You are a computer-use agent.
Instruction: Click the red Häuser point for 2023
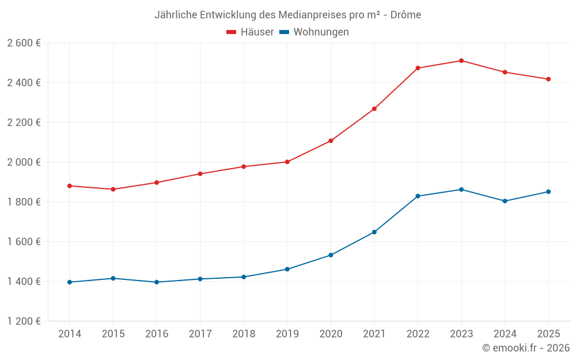(461, 60)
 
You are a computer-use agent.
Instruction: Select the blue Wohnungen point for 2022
(418, 196)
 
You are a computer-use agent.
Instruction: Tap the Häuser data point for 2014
(69, 185)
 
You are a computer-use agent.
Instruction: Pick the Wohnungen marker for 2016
(156, 282)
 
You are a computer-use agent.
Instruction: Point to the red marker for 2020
(331, 141)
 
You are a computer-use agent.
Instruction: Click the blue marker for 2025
(548, 192)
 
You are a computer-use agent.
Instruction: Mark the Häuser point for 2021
(374, 109)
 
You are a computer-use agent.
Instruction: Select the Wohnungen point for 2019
(287, 269)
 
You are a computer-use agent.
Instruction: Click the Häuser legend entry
(250, 32)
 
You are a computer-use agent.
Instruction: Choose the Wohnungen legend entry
(314, 32)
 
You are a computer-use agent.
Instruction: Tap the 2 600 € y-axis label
(24, 43)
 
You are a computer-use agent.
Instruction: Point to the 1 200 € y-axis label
(24, 321)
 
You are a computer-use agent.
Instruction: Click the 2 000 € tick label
(24, 162)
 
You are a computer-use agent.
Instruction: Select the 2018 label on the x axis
(243, 334)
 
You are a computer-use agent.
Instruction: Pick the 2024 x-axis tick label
(505, 334)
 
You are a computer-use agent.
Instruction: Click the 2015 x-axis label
(113, 334)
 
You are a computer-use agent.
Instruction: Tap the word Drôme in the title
(406, 15)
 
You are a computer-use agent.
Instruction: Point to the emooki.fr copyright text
(525, 348)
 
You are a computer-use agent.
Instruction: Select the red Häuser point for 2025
(548, 79)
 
